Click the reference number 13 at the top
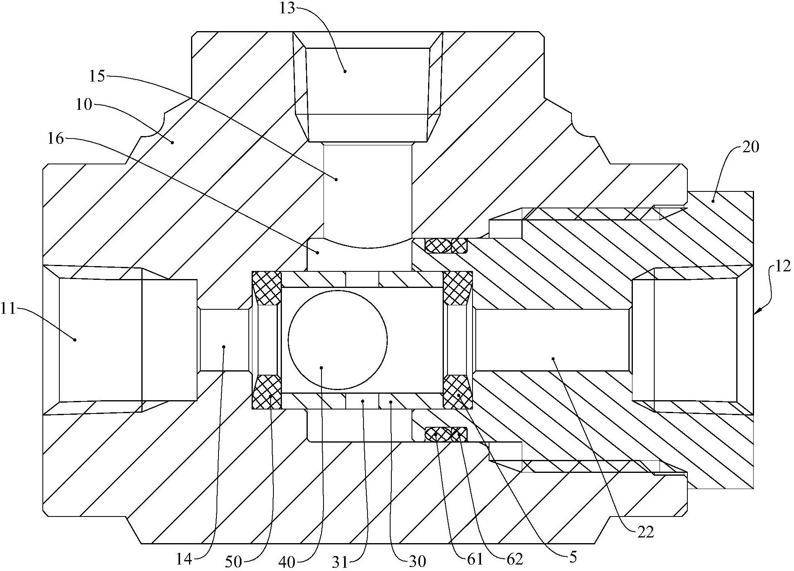pyautogui.click(x=288, y=8)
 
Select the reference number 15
pyautogui.click(x=97, y=76)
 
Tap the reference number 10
pyautogui.click(x=84, y=105)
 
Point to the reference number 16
pyautogui.click(x=56, y=139)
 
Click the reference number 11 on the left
pyautogui.click(x=8, y=309)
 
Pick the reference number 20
pyautogui.click(x=751, y=147)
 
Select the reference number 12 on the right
pyautogui.click(x=782, y=267)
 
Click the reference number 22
pyautogui.click(x=645, y=532)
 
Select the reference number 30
pyautogui.click(x=417, y=561)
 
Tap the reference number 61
pyautogui.click(x=475, y=559)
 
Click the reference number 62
pyautogui.click(x=514, y=559)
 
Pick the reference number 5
pyautogui.click(x=573, y=557)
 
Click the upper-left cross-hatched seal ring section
pyautogui.click(x=267, y=288)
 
